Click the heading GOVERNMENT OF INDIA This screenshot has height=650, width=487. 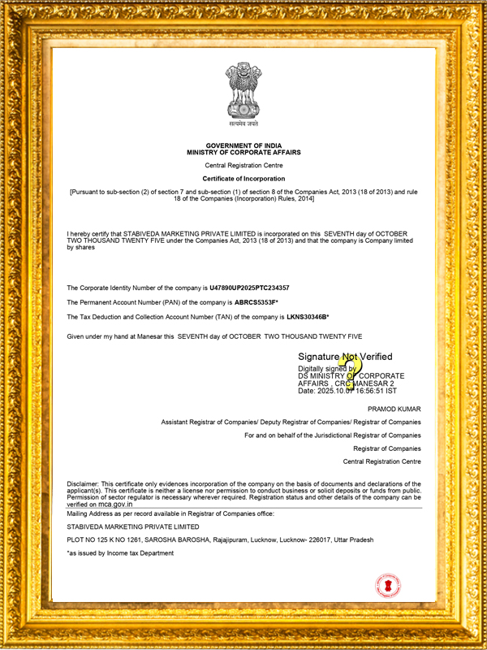pos(243,145)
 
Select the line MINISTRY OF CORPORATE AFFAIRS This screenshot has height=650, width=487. pos(243,152)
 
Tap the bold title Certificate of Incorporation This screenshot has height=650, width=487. pos(243,178)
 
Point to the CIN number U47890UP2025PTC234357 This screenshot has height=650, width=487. pos(249,288)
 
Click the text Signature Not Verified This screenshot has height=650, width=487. pos(345,357)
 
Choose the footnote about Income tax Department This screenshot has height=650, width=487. pos(120,553)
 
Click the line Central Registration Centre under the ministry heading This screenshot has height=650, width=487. pos(243,165)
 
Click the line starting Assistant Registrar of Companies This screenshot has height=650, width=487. pos(291,422)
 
